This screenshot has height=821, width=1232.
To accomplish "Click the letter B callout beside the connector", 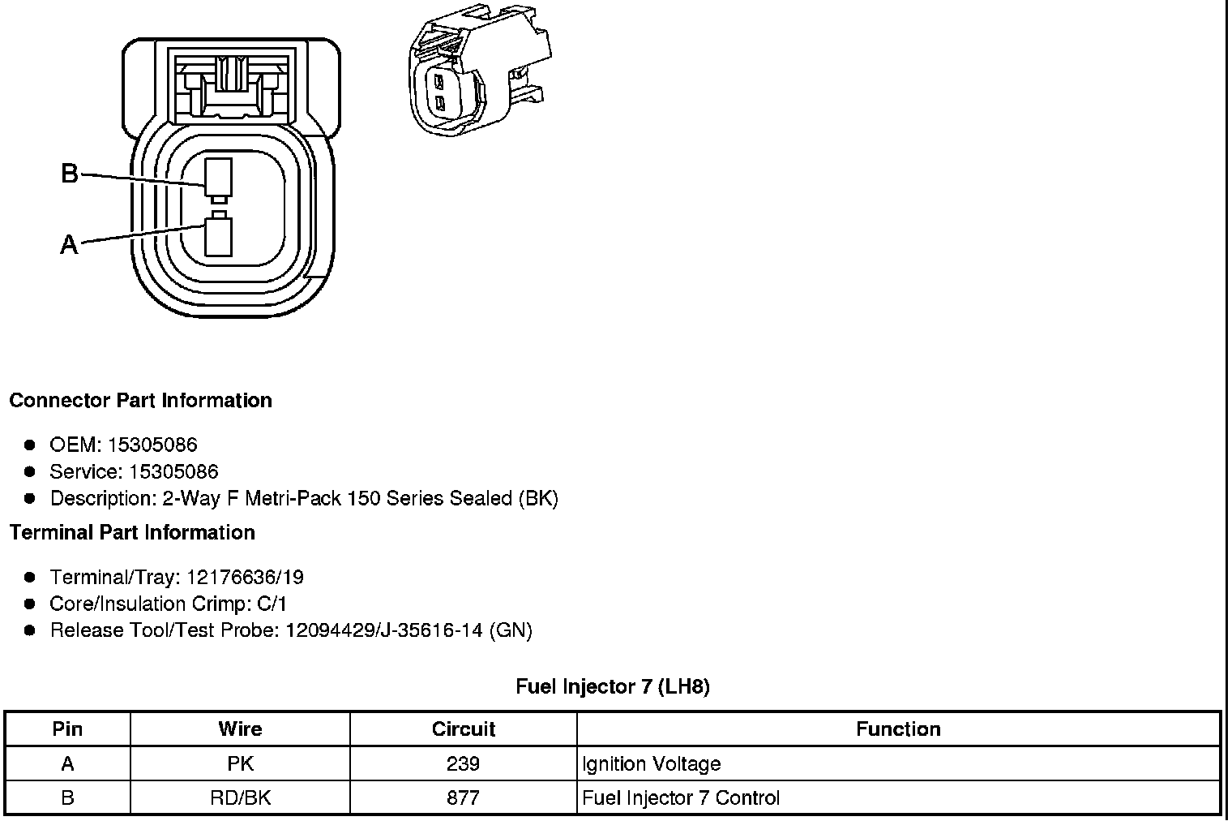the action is [x=70, y=173].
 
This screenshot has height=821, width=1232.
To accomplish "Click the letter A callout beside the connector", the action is [x=70, y=244].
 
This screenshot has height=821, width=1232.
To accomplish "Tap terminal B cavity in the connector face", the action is [x=218, y=178].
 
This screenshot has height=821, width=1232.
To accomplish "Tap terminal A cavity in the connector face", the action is [x=218, y=237].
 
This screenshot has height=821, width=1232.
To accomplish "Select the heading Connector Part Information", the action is [x=141, y=400].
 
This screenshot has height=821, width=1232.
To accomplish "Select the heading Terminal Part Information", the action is [x=132, y=532].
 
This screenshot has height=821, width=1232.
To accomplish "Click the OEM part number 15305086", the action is [x=152, y=445].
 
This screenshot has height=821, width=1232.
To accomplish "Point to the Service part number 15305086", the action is [x=173, y=471].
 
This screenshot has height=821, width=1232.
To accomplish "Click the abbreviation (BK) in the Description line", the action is [x=538, y=498].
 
